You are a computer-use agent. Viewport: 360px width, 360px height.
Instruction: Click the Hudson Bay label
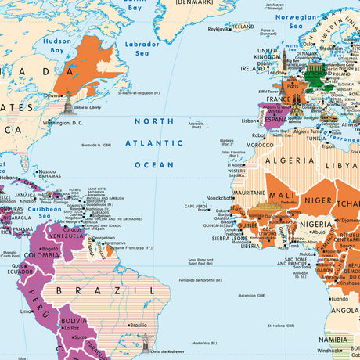point(57,45)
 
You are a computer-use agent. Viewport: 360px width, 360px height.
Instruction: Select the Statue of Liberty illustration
point(68,99)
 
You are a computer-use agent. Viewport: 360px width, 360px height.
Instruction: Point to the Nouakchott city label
point(219,198)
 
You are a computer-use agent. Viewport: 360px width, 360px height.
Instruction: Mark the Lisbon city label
point(250,121)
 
